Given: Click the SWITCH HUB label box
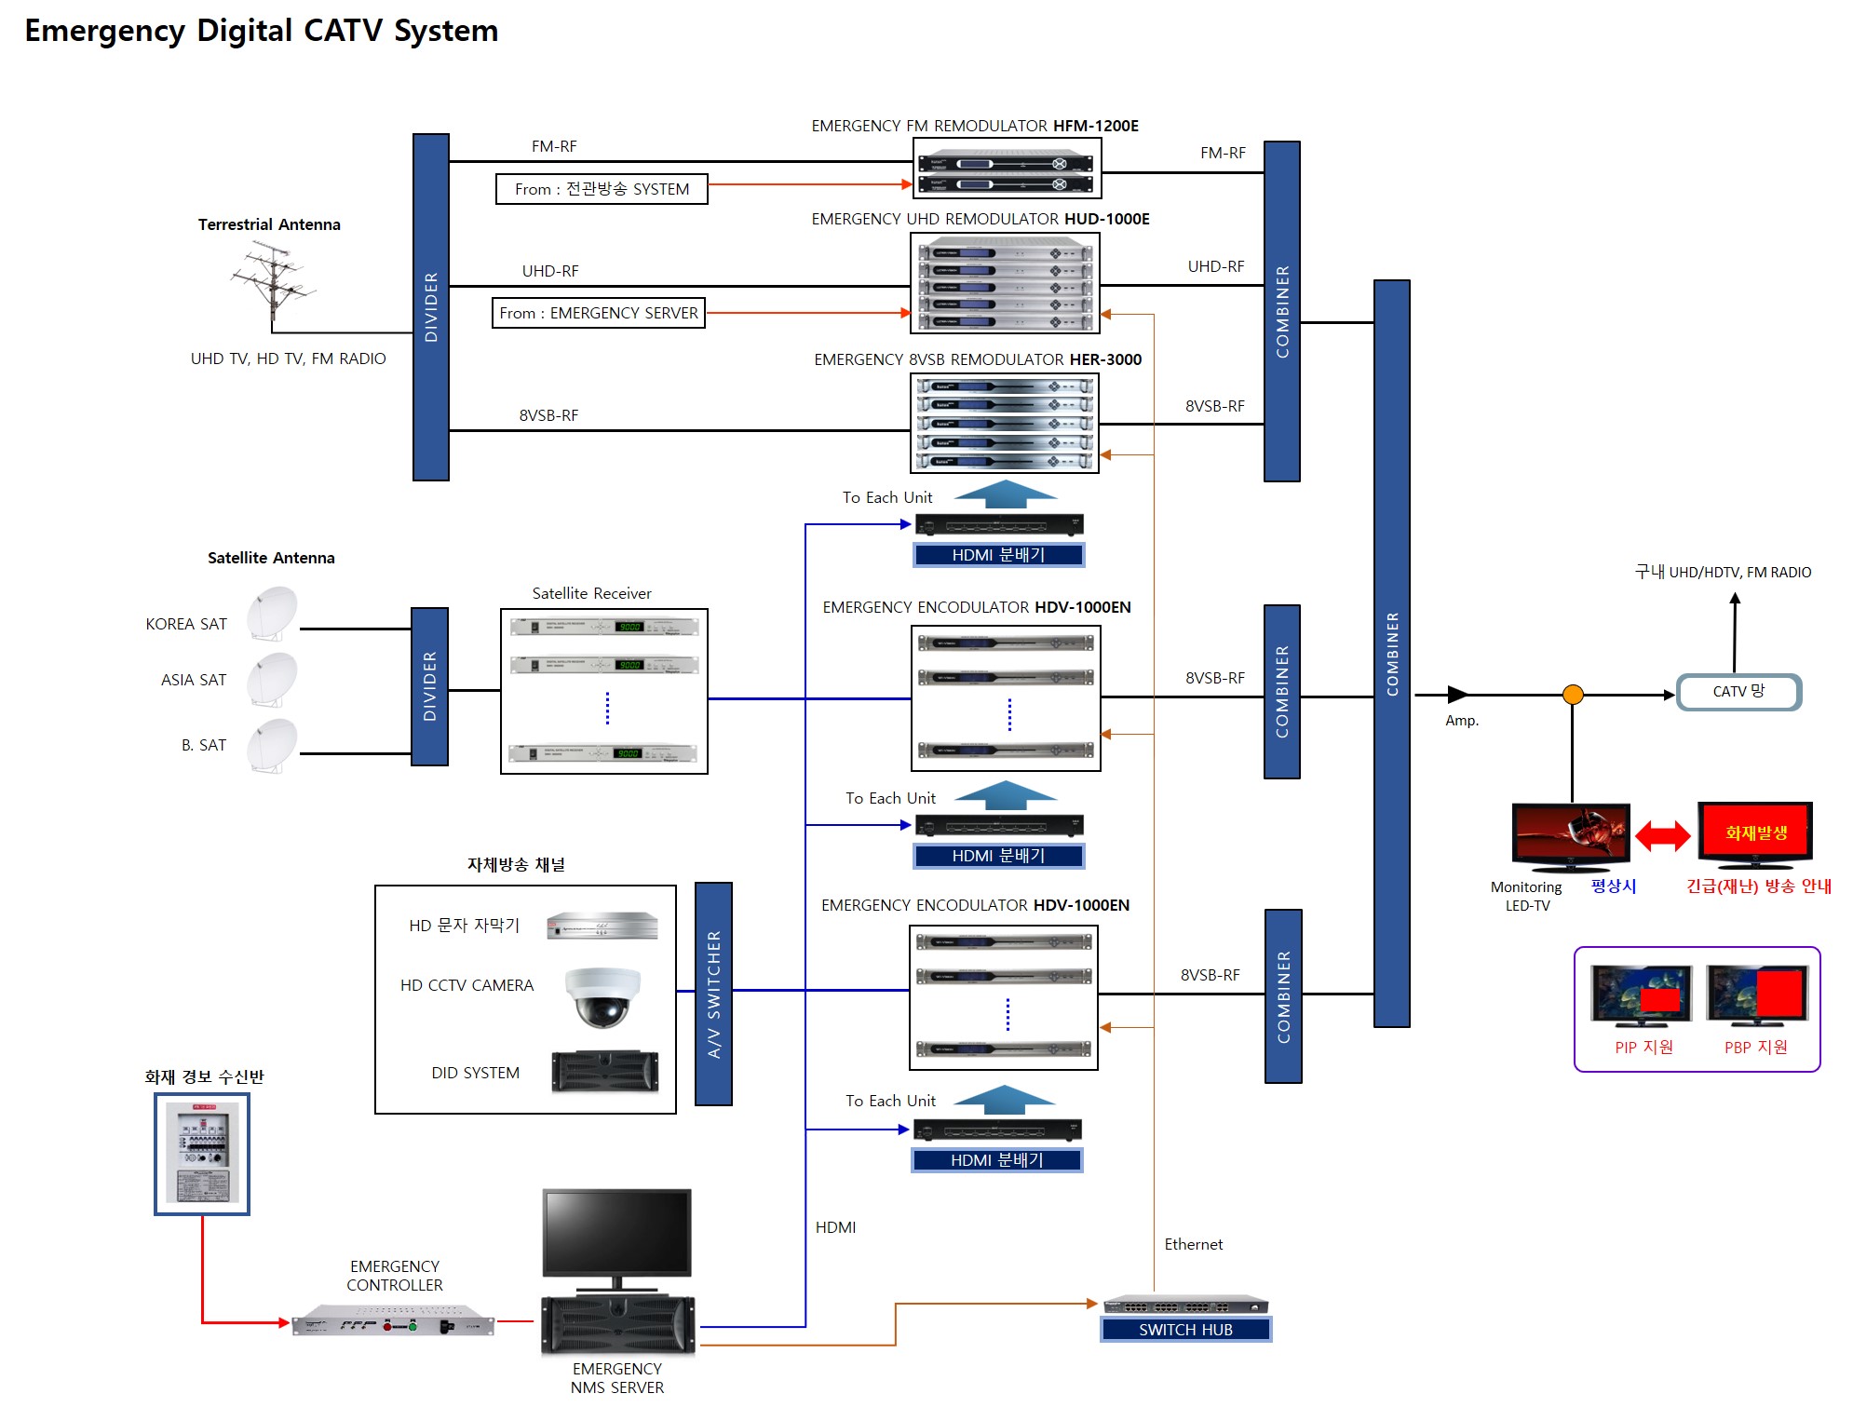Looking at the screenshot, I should coord(1185,1330).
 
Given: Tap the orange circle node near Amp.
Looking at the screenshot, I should coord(1573,695).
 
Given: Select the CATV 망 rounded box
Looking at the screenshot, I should coord(1738,692).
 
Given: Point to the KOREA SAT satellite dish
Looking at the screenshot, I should coord(272,613).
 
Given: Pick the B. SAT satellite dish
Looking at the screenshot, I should coord(272,745).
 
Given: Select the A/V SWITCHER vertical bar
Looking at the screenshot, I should coord(713,994).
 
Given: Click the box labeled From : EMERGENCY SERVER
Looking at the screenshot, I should coord(599,313).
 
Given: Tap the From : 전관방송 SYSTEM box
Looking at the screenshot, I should coord(602,189).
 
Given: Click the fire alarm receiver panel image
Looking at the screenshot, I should coord(202,1154).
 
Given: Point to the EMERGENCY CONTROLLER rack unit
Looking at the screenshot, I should coord(393,1322).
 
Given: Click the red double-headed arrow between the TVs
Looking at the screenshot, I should coord(1663,835).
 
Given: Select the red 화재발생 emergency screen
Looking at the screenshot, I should coord(1754,832).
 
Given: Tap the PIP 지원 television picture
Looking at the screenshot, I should coord(1642,995).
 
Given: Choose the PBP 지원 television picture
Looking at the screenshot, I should coord(1757,994).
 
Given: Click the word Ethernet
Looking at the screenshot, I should coord(1193,1245).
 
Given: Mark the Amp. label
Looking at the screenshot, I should coord(1461,721).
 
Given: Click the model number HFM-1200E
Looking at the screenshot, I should coord(1095,126).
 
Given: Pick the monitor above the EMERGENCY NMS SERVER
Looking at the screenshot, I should coord(616,1234).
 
